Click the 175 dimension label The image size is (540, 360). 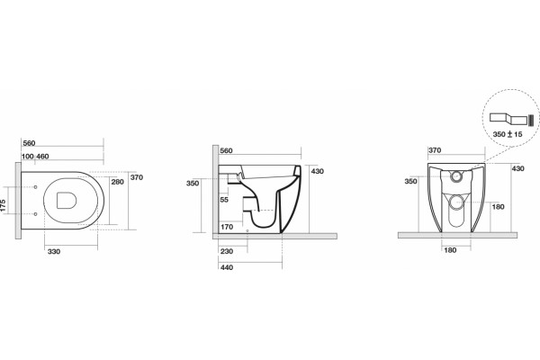3,207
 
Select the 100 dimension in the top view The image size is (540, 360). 28,157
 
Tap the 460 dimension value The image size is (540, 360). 42,157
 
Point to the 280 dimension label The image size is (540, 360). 117,182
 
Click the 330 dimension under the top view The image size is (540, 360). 54,251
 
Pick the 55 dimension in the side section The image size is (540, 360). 224,200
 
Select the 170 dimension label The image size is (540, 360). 227,227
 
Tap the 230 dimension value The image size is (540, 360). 227,251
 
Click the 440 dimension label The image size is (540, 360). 227,267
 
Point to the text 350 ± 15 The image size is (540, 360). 508,134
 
